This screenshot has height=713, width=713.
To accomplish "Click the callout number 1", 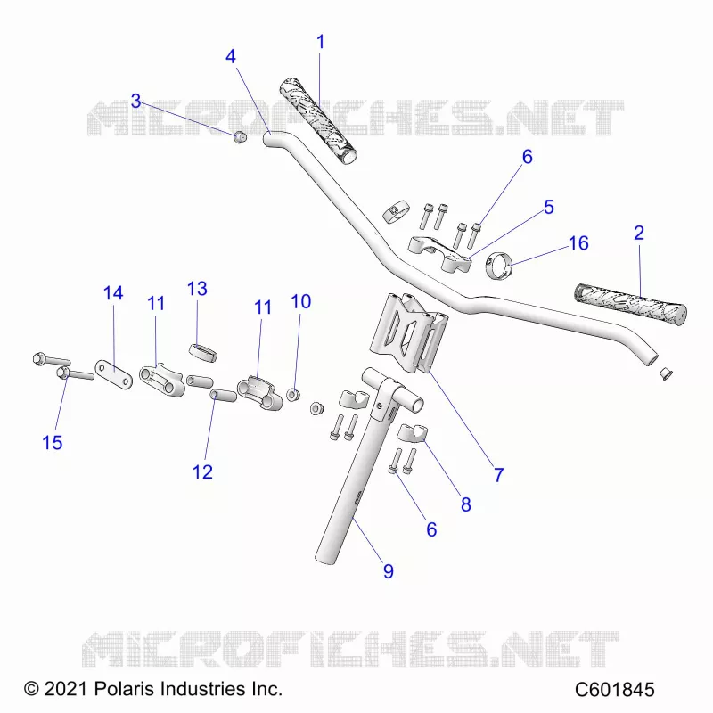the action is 321,42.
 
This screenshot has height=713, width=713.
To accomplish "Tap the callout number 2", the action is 639,233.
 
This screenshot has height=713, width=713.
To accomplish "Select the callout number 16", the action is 578,243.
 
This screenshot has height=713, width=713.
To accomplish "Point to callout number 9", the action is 388,571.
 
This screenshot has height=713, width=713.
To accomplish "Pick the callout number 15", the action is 53,442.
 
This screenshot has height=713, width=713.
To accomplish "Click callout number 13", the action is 197,288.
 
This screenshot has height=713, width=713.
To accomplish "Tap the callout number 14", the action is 113,293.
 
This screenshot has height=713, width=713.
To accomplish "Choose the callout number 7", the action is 499,475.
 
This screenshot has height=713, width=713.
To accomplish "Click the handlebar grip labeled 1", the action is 318,121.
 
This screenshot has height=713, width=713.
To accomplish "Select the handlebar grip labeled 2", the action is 630,304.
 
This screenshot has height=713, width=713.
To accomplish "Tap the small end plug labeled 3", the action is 240,136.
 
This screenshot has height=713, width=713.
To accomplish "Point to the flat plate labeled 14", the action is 114,374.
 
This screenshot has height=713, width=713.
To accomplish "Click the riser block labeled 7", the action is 409,333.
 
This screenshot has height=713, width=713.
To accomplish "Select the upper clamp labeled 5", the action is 439,254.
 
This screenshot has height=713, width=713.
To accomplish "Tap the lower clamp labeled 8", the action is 413,432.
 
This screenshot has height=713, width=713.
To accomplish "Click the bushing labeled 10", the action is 293,395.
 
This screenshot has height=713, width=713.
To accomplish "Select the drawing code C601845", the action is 614,689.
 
